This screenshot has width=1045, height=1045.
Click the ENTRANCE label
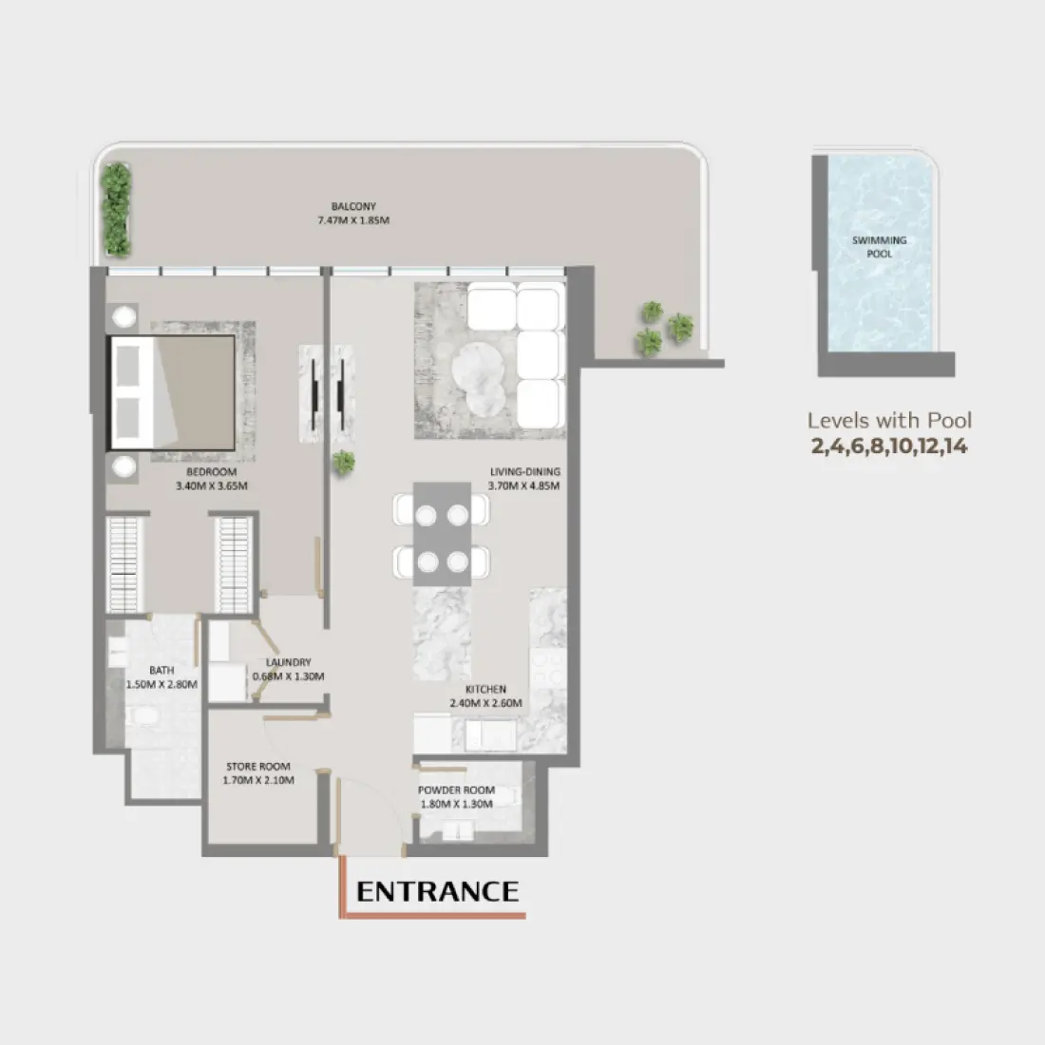(x=437, y=891)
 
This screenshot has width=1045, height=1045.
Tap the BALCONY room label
(x=353, y=206)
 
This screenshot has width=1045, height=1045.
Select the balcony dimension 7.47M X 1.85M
(x=353, y=220)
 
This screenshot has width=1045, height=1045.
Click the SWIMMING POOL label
(x=879, y=247)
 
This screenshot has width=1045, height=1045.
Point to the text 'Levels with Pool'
(x=889, y=421)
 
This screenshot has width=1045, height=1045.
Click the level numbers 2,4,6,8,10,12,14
(x=889, y=446)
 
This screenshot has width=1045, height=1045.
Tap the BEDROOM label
(x=211, y=472)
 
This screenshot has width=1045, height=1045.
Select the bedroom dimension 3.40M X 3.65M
(x=211, y=486)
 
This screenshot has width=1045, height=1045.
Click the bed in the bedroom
(x=171, y=391)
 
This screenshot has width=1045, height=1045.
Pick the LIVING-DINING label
(x=524, y=472)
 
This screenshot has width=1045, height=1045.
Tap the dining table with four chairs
(x=443, y=538)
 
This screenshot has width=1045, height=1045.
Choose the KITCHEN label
(x=485, y=690)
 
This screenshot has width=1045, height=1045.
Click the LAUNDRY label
(x=289, y=663)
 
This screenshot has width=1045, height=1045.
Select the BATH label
(x=161, y=671)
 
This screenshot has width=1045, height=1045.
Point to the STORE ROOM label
(x=258, y=767)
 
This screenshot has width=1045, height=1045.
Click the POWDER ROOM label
(x=456, y=790)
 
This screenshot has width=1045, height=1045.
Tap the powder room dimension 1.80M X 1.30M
(x=456, y=804)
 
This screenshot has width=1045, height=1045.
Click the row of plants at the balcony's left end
(x=116, y=211)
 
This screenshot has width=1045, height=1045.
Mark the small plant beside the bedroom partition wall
(x=344, y=464)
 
